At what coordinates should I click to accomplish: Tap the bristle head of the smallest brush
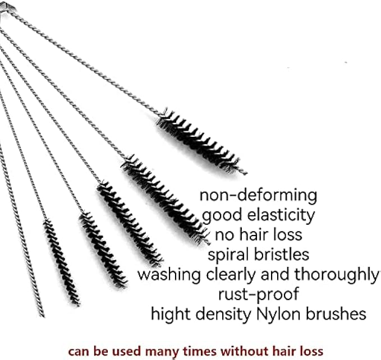pos(61,261)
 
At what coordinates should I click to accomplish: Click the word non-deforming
pos(258,196)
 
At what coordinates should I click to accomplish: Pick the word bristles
pos(284,254)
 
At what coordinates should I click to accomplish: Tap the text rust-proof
pos(258,293)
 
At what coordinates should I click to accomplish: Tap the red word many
pos(167,352)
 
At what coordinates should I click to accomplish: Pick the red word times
pos(200,351)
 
